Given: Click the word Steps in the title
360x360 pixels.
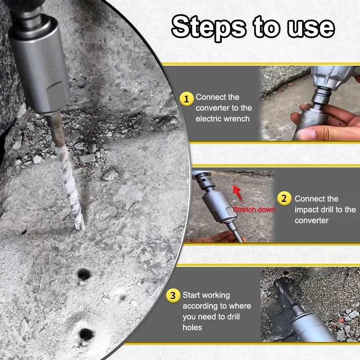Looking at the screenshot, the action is coord(209,27).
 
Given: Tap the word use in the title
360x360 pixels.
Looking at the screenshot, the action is coord(311,28).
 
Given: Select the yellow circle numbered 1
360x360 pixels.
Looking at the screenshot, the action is coord(186,99).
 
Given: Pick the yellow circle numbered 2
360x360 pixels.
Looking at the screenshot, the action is coord(284,198).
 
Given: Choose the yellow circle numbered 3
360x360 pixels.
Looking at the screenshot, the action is coord(173,296).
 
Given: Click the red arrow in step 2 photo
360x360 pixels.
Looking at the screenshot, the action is coord(238,194).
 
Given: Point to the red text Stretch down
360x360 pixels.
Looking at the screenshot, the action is coord(254,209).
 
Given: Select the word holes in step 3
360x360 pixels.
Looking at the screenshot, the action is coord(192,328).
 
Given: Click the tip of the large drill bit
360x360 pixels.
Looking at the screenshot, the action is coord(81,228).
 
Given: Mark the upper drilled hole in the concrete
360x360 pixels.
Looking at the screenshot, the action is coord(84,274).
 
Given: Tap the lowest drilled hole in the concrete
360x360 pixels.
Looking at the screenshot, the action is coord(86,334).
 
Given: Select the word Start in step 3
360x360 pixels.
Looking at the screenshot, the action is coord(191,295).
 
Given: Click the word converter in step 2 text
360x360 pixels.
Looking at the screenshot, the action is coord(311,220).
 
